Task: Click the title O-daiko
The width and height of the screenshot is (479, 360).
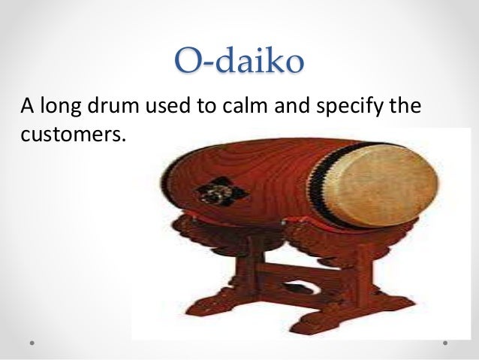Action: (239, 61)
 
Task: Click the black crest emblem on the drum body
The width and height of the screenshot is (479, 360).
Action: (209, 190)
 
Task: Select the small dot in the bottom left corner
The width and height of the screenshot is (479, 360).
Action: (33, 341)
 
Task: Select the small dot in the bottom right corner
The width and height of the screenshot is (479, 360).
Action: (445, 341)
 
